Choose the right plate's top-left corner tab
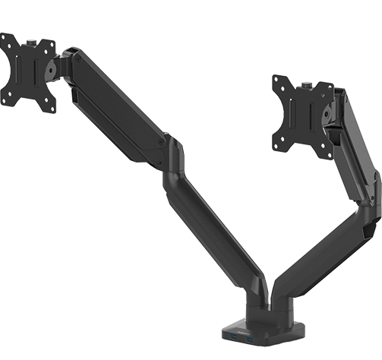click(277, 80)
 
